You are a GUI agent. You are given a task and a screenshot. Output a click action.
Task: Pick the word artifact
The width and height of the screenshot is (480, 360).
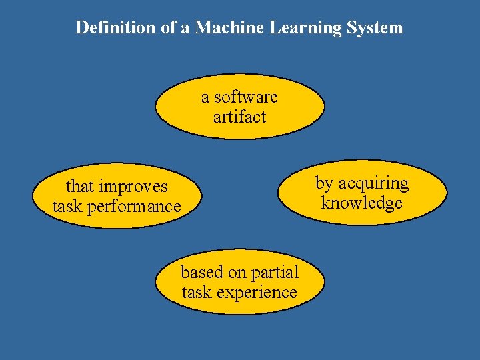point(239,117)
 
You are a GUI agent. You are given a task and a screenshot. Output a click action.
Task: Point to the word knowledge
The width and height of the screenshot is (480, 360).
point(362,203)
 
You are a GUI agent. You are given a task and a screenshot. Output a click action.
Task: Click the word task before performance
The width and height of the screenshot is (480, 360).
point(67,207)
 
